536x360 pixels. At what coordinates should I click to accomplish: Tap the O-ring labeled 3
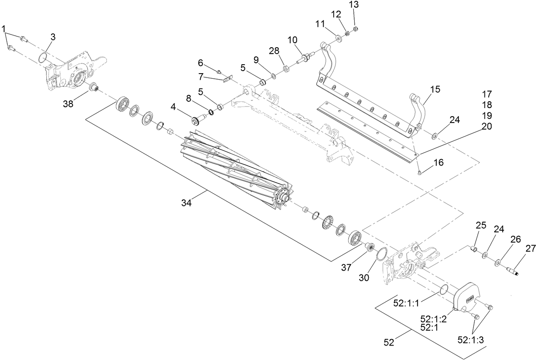42,57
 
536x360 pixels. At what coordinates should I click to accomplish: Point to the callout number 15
435,89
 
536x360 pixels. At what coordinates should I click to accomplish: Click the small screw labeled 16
420,171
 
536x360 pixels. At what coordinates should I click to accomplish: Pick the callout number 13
354,5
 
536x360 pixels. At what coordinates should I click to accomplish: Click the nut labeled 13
356,29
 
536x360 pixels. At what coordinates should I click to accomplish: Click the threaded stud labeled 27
515,271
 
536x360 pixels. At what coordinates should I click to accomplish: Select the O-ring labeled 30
381,254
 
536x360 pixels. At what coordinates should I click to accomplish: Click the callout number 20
487,126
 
